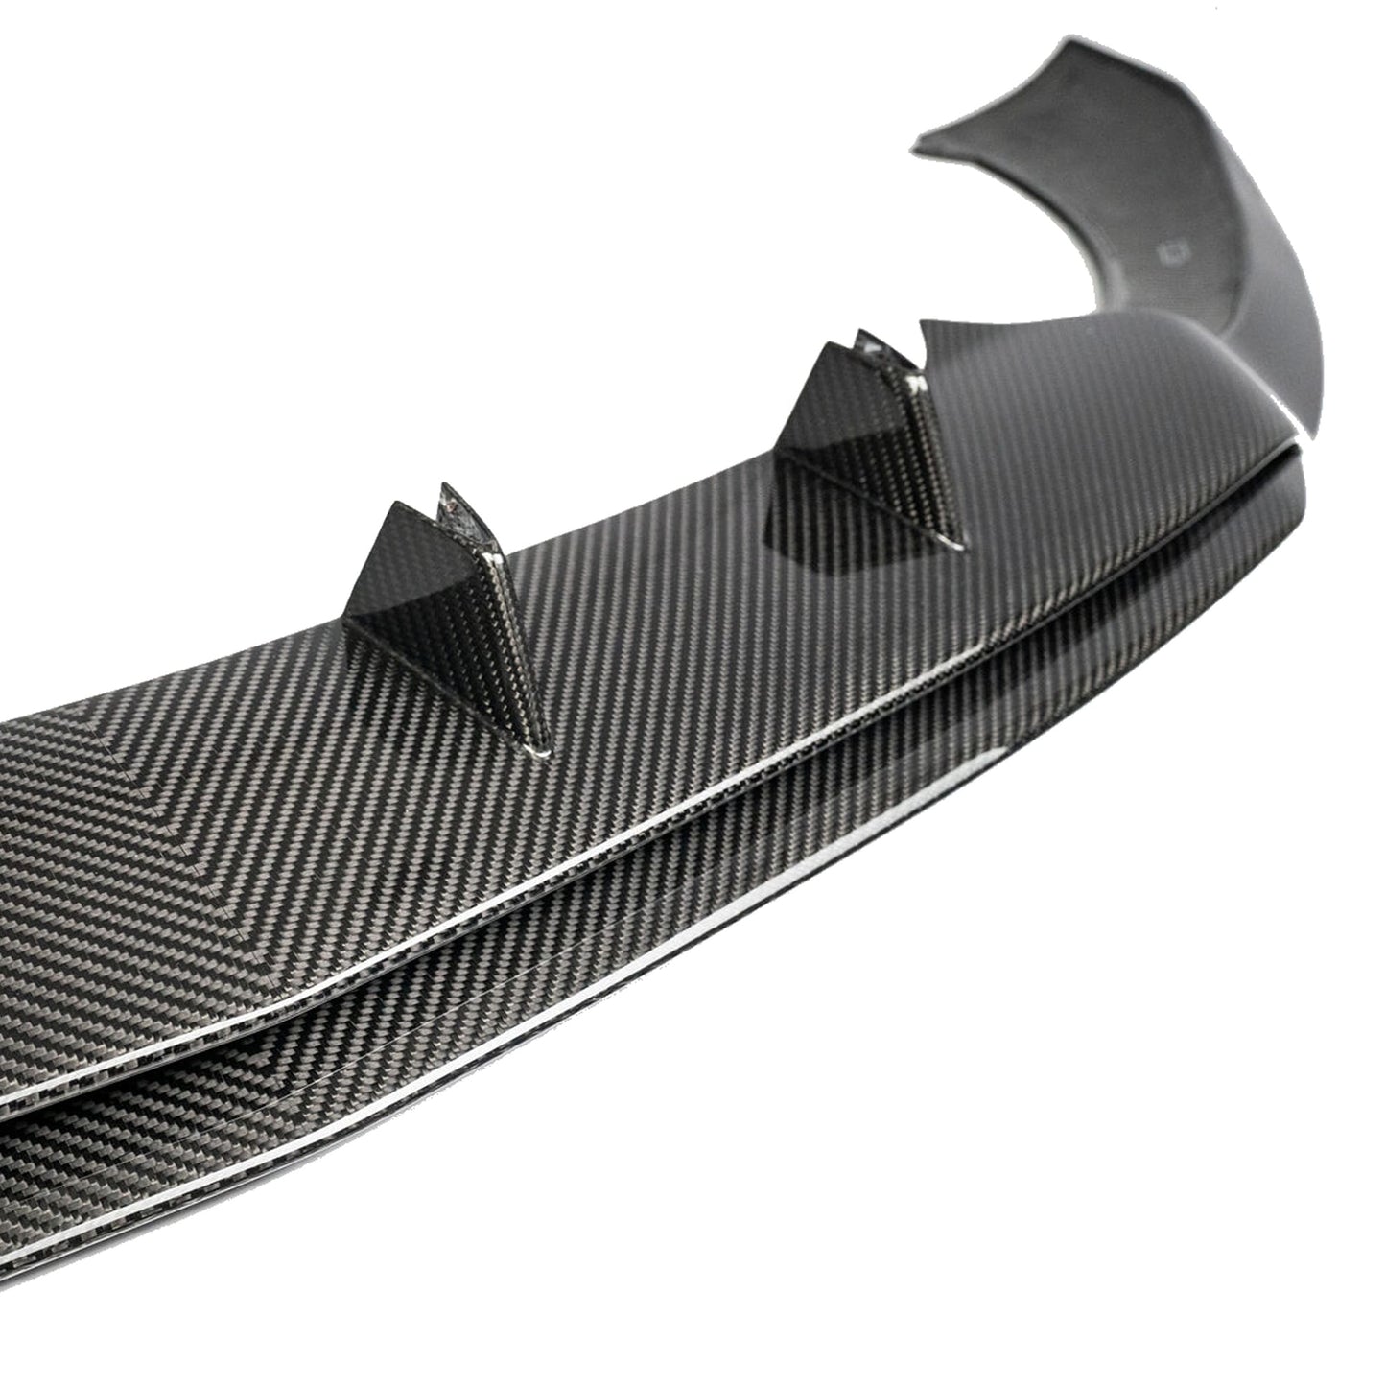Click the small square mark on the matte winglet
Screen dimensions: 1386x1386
[x=1172, y=252]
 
